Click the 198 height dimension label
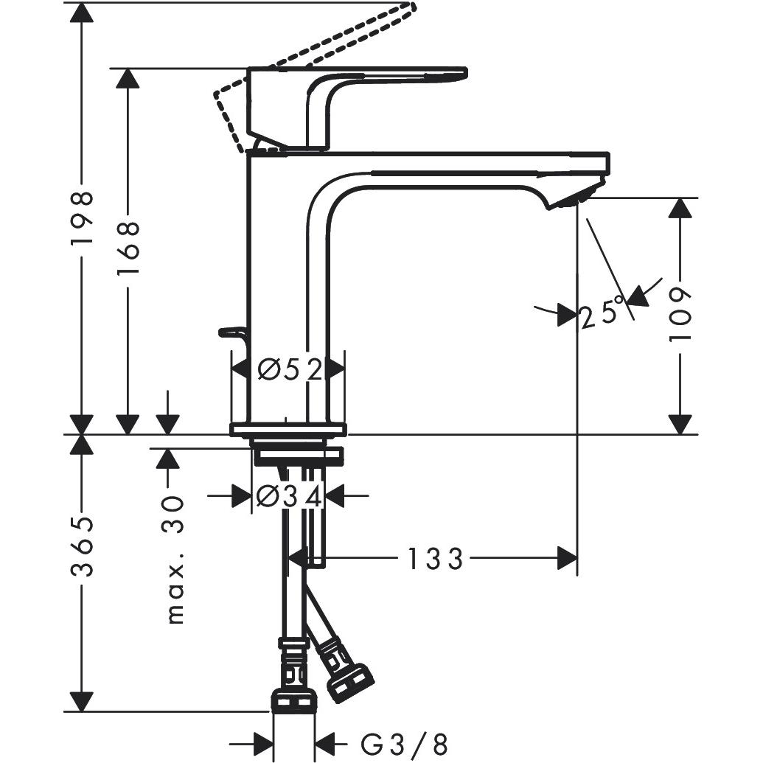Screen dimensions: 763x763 (x=83, y=218)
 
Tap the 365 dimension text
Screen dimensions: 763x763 (x=83, y=547)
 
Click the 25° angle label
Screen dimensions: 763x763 (x=602, y=314)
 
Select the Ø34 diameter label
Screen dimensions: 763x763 (x=288, y=498)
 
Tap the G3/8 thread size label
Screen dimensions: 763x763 (x=404, y=742)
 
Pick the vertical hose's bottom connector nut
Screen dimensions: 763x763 (x=294, y=701)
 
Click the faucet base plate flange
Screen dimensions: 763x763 (x=288, y=430)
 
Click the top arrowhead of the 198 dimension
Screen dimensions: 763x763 (x=83, y=12)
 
